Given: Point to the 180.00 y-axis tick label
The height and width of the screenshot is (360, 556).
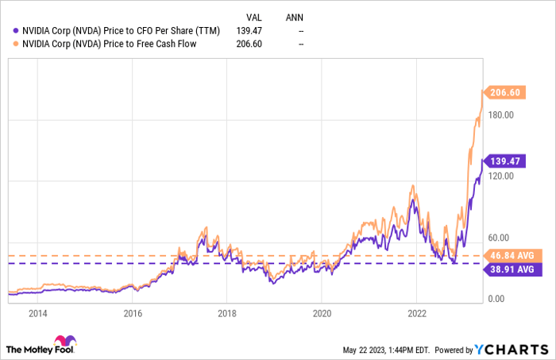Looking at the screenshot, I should pyautogui.click(x=500, y=114).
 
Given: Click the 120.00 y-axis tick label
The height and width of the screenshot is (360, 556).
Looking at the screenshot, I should pyautogui.click(x=500, y=176).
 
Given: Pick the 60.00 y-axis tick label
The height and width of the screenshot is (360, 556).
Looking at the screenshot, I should pyautogui.click(x=498, y=237).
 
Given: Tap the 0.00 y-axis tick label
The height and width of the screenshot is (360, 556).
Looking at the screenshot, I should pyautogui.click(x=496, y=299).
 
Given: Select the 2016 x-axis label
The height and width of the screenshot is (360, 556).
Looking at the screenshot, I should pyautogui.click(x=133, y=312).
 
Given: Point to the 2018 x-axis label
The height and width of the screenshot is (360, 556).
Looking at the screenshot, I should pyautogui.click(x=227, y=312).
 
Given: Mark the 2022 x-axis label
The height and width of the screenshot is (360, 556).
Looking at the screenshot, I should pyautogui.click(x=417, y=312).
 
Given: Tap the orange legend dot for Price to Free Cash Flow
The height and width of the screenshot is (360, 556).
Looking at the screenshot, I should pyautogui.click(x=10, y=44).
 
